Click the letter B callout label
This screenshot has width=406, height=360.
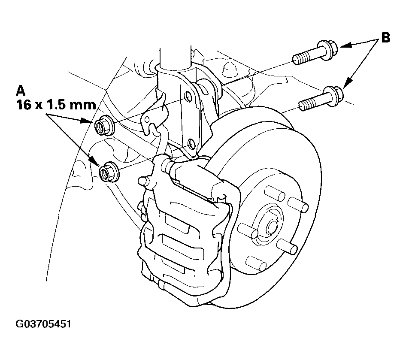385,38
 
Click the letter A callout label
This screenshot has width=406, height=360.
21,91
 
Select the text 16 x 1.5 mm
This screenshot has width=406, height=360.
56,105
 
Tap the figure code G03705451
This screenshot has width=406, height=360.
43,324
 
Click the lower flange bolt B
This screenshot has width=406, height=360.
321,99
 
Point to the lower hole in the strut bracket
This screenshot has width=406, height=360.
191,144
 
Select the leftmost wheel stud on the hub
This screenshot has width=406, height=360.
247,231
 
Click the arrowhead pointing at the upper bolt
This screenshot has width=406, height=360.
345,46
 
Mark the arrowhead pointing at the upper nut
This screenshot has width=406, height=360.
87,121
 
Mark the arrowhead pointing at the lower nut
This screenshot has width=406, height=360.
94,160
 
